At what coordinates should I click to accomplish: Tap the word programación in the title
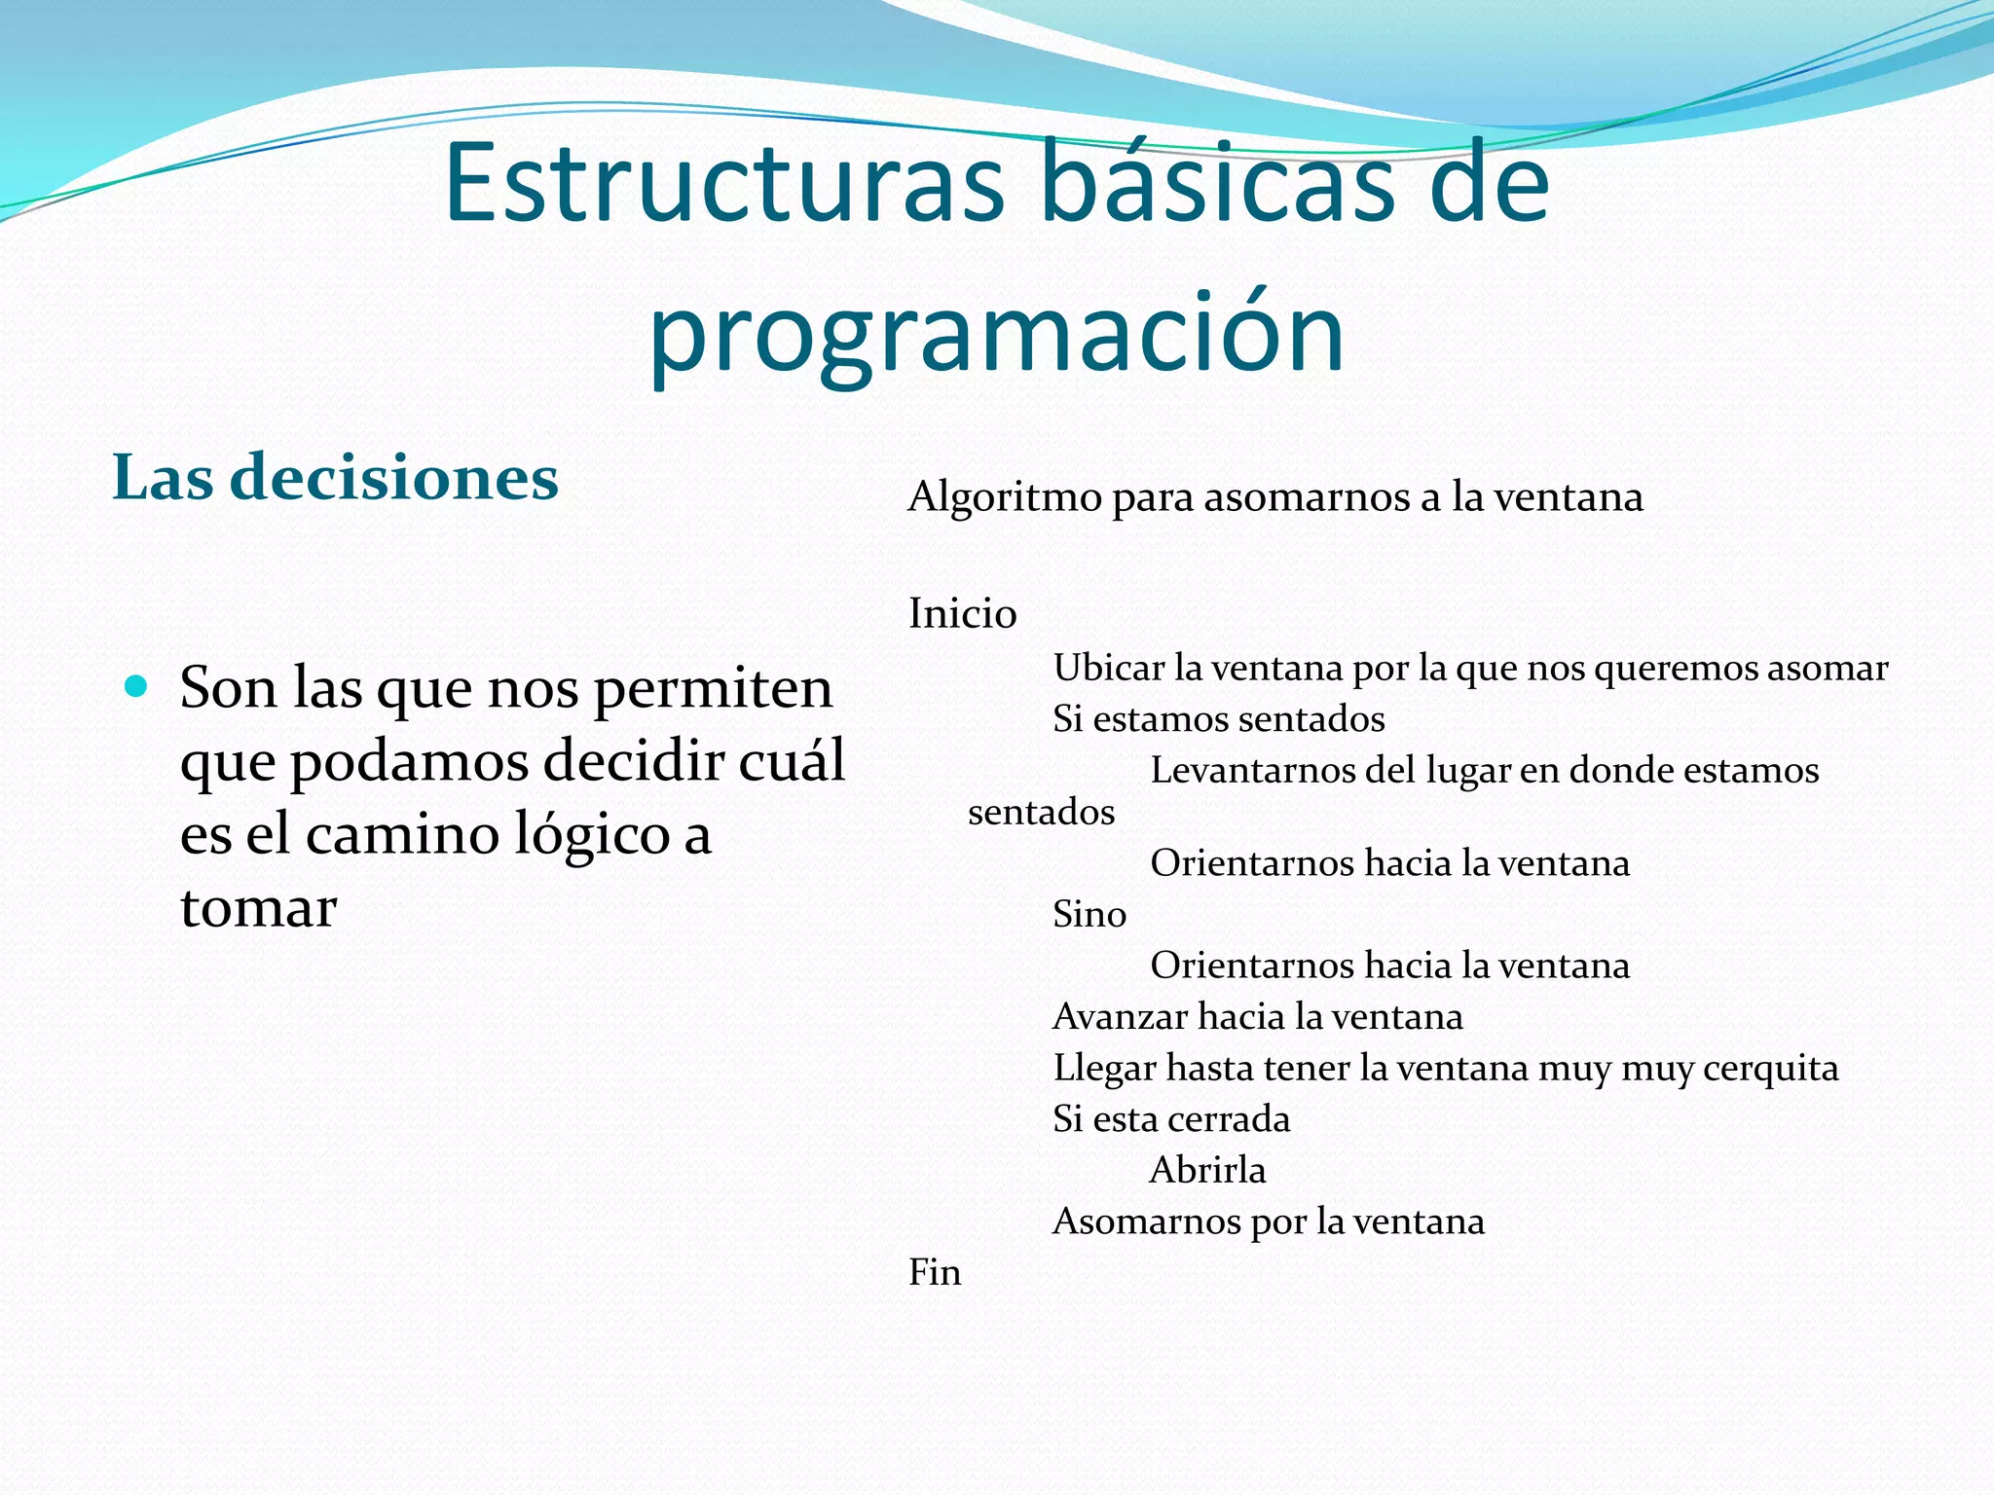coord(997,333)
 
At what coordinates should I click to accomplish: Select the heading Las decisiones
coord(335,478)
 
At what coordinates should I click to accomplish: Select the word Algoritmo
coord(1004,497)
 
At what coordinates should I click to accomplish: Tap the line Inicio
coord(962,614)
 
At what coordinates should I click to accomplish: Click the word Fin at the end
coord(934,1272)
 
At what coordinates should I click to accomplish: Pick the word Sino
coord(1089,914)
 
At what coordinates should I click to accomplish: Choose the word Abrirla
coord(1207,1170)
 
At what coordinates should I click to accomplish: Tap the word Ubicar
coord(1108,668)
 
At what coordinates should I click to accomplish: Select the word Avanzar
coord(1120,1017)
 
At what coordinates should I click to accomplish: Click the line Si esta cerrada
coord(1170,1119)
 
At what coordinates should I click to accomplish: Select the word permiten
coord(713,689)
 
